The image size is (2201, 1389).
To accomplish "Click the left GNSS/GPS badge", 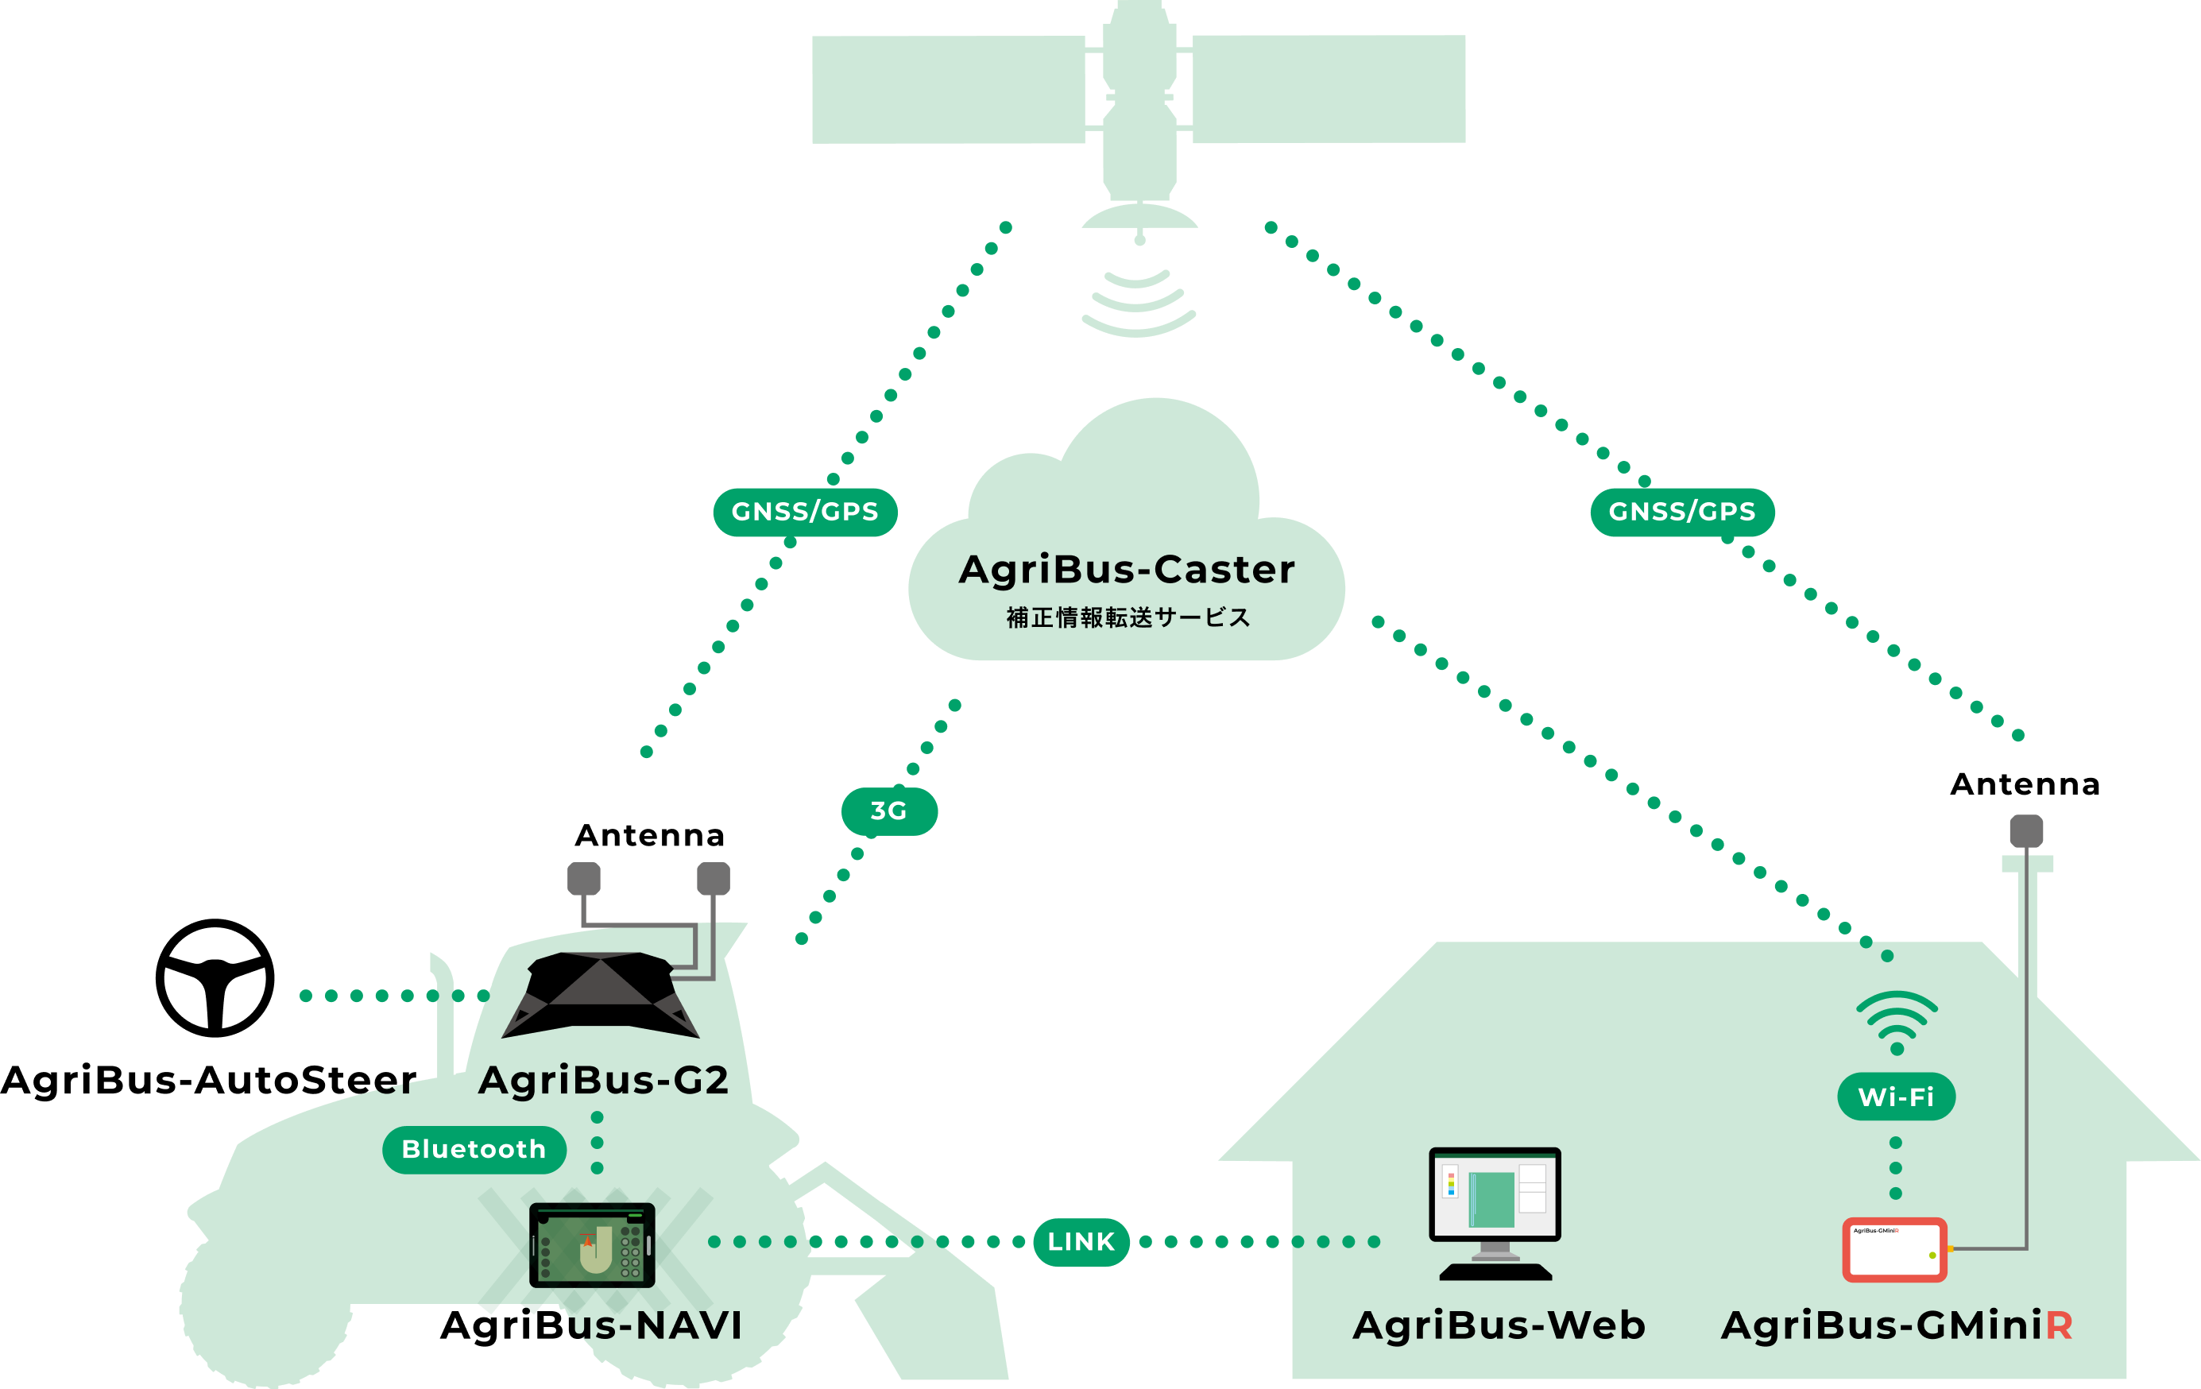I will [804, 512].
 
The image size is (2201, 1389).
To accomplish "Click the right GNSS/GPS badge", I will [1682, 512].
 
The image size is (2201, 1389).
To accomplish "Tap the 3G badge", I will [888, 811].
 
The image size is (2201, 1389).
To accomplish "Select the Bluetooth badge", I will [474, 1150].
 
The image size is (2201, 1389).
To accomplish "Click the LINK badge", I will [1081, 1242].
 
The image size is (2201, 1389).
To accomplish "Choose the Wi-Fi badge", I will [1896, 1097].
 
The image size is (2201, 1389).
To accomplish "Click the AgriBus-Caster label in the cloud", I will [1126, 569].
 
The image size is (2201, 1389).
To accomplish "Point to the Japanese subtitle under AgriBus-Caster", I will [1128, 617].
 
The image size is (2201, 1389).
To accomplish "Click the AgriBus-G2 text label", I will [603, 1080].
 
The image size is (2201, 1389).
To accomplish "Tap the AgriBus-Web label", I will [1499, 1325].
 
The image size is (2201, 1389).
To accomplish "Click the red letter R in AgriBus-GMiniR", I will [2059, 1325].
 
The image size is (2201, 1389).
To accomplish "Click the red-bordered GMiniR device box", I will [1893, 1250].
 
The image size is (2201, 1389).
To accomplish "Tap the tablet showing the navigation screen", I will [592, 1245].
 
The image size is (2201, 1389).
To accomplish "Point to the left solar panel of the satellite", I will [948, 90].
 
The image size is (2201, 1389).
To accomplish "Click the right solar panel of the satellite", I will [1329, 90].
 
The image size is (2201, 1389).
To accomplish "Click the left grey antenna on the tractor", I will [584, 878].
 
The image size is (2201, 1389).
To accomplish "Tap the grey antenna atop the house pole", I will [2026, 830].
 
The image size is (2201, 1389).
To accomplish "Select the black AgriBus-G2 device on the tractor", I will [601, 994].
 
